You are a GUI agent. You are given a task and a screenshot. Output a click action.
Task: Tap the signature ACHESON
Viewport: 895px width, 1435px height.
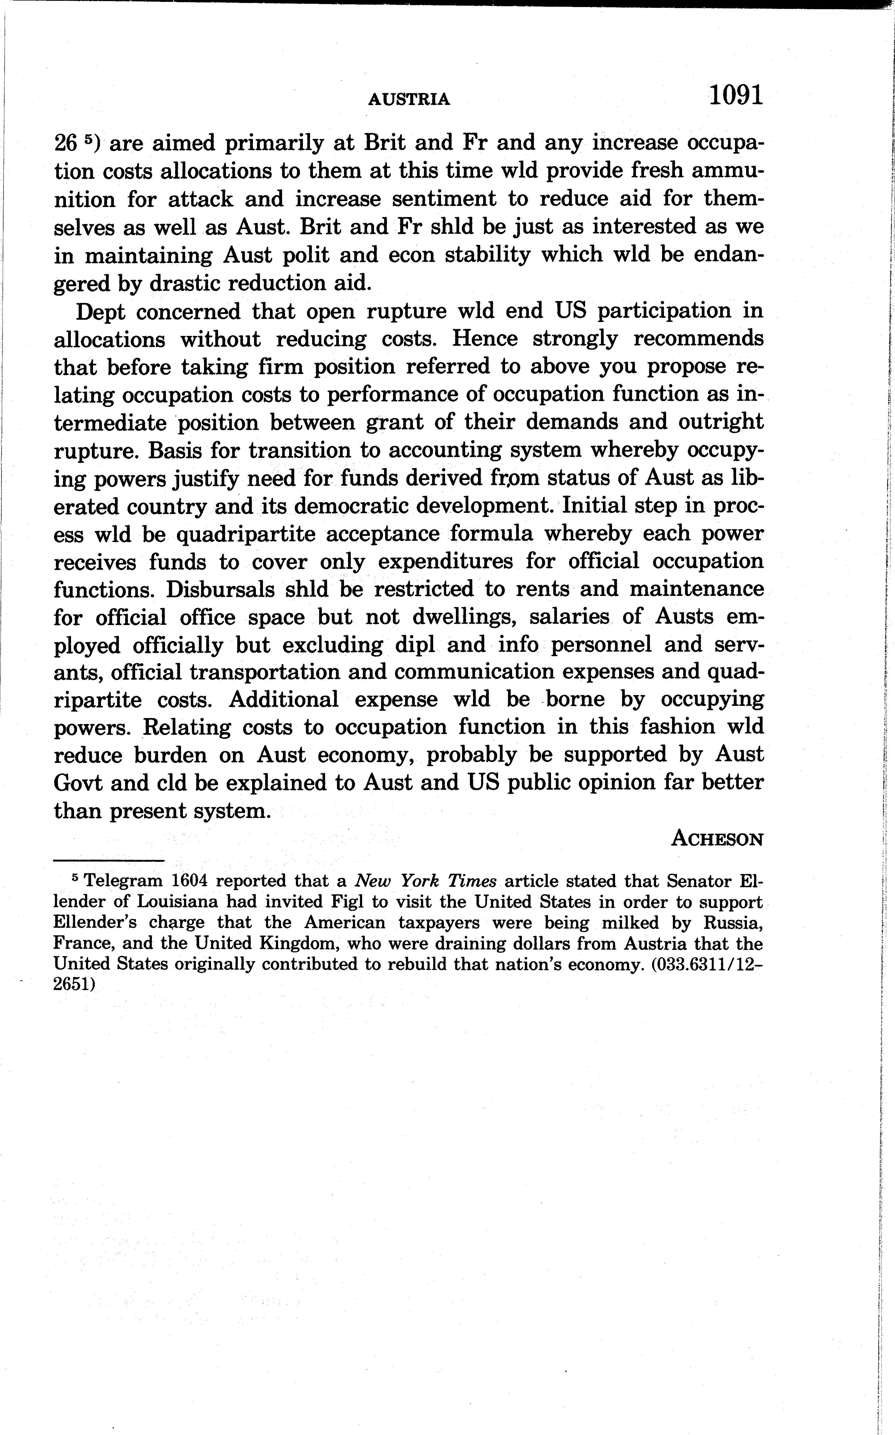pyautogui.click(x=717, y=839)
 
